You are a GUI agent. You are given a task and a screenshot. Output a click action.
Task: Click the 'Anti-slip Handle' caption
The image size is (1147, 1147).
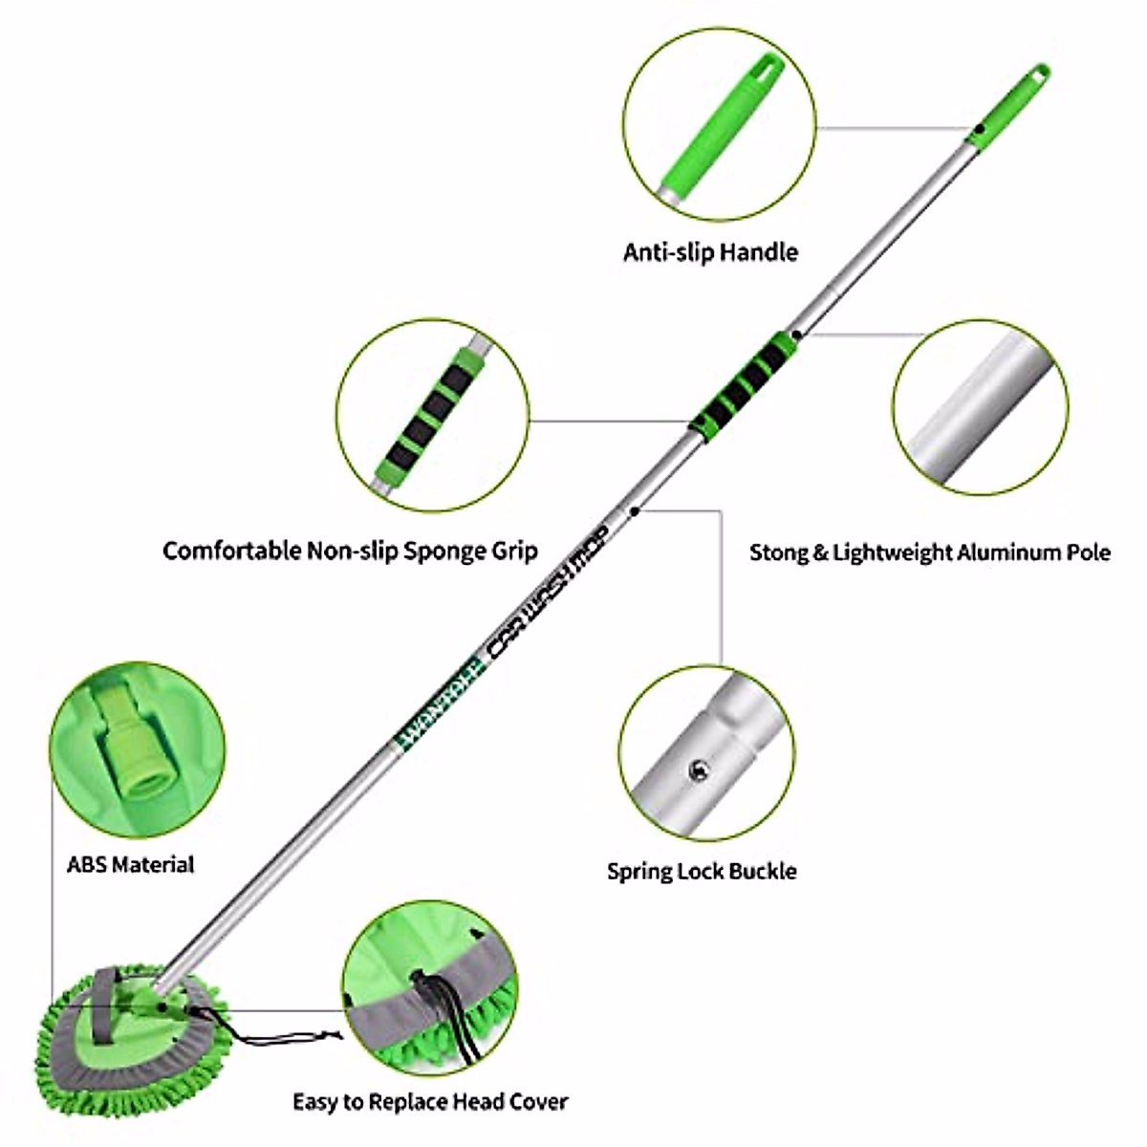(710, 252)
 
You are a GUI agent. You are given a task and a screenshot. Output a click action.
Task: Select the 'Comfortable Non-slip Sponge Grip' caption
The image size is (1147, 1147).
(350, 551)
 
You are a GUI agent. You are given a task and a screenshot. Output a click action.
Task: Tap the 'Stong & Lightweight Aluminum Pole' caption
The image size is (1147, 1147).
(930, 552)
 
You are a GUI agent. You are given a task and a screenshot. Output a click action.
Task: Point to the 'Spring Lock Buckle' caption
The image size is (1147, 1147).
(702, 871)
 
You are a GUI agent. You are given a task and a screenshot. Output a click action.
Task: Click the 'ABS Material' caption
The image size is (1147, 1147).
(130, 864)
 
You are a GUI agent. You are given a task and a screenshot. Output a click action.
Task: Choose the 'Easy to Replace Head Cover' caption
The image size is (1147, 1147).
(430, 1101)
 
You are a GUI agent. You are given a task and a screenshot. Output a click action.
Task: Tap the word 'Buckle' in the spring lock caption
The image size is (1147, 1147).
(762, 871)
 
